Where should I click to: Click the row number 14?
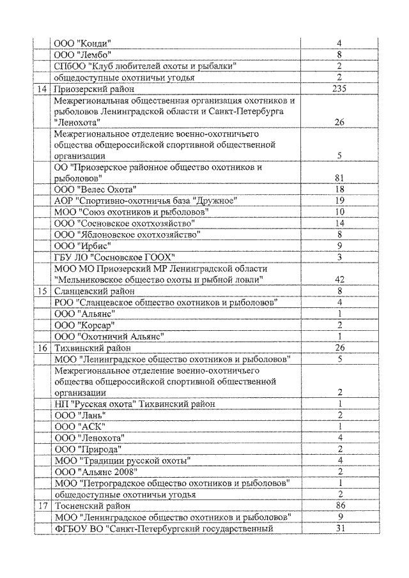point(43,89)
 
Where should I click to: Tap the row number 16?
point(43,348)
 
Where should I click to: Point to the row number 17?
point(43,505)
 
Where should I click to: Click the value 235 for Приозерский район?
point(339,89)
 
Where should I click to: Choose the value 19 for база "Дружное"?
point(339,201)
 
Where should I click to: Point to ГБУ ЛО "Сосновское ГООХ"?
point(113,256)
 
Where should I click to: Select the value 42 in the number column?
point(339,278)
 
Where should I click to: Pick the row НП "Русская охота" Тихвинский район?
point(134,404)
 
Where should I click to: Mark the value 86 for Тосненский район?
point(339,505)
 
